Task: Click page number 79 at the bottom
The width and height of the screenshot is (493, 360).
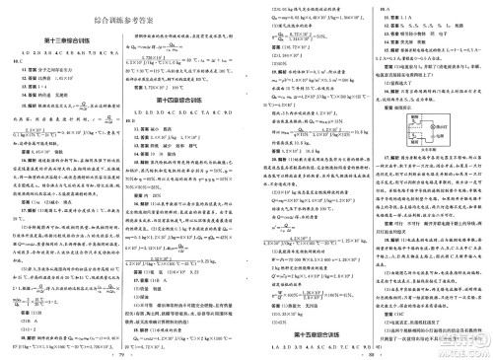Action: click(124, 353)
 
